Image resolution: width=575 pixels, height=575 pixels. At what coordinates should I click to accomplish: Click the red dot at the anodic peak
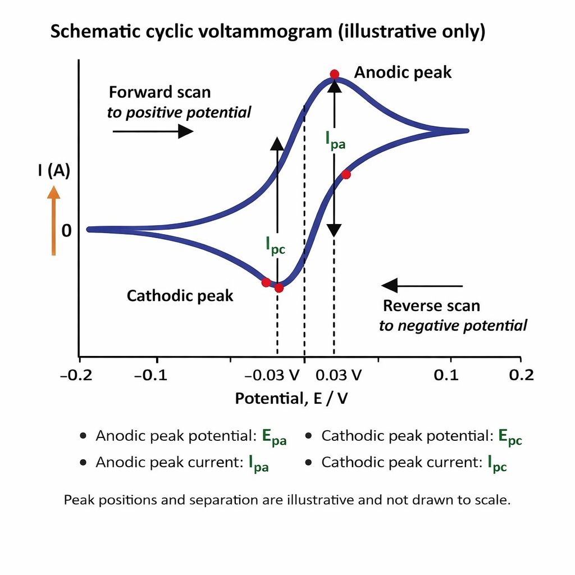[x=335, y=74]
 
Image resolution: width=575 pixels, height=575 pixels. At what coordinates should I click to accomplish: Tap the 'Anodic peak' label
[x=403, y=72]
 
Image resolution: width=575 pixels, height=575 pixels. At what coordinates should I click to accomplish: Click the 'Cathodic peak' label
[x=180, y=296]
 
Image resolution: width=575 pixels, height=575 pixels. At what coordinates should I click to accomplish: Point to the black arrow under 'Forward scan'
[x=153, y=131]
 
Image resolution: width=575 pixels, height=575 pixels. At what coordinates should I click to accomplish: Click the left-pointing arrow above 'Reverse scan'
[x=422, y=286]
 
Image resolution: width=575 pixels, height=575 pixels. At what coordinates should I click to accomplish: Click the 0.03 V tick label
[x=339, y=375]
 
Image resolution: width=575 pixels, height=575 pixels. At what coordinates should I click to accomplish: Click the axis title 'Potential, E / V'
[x=291, y=399]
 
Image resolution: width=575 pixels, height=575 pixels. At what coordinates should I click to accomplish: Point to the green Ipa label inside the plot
[x=335, y=140]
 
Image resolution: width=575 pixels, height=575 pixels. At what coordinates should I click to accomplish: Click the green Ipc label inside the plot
[x=275, y=245]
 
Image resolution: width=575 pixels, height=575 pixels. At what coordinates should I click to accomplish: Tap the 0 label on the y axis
[x=66, y=230]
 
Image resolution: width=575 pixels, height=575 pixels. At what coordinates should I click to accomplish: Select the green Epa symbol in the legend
[x=275, y=437]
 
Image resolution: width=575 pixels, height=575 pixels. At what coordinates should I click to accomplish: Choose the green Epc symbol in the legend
[x=510, y=437]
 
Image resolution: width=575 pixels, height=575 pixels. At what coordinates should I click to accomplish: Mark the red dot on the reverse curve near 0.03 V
[x=346, y=175]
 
